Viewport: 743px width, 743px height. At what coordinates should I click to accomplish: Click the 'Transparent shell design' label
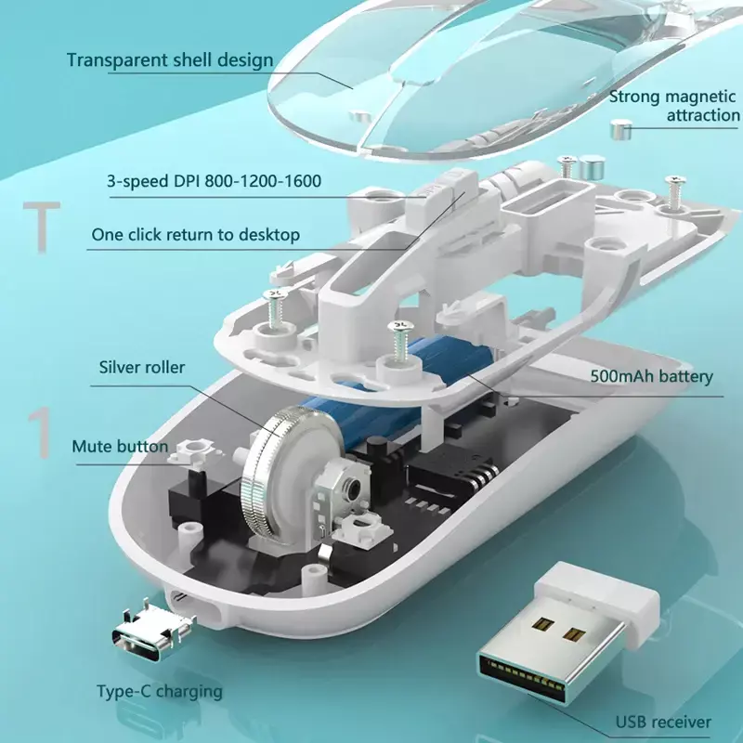170,60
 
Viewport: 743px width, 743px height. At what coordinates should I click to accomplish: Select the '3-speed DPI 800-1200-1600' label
215,181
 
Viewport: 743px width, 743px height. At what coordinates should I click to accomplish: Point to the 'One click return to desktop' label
196,235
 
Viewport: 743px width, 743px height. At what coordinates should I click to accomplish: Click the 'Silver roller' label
142,367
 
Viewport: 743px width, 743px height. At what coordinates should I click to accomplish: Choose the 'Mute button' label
120,447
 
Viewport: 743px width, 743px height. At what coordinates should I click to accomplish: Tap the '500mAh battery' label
652,377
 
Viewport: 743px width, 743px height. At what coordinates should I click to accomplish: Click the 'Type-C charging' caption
160,692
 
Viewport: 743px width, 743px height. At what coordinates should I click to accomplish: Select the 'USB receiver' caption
663,723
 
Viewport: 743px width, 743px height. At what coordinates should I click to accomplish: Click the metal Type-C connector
152,632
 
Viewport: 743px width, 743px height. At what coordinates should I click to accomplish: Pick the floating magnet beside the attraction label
620,130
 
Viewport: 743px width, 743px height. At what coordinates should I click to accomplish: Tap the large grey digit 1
40,433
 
